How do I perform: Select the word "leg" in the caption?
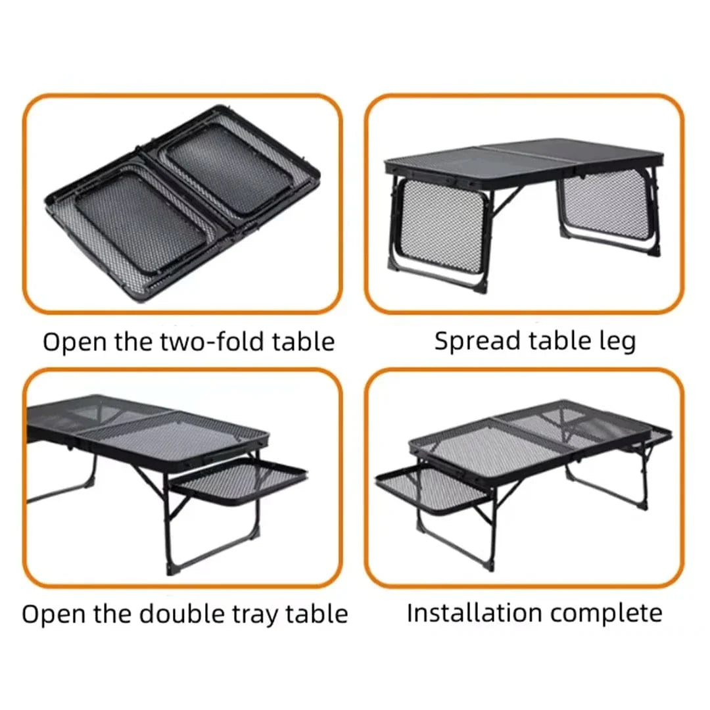pyautogui.click(x=618, y=341)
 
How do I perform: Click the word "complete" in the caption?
pyautogui.click(x=606, y=614)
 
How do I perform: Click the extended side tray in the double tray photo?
pyautogui.click(x=238, y=481)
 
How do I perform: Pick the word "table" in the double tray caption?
pyautogui.click(x=316, y=614)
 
